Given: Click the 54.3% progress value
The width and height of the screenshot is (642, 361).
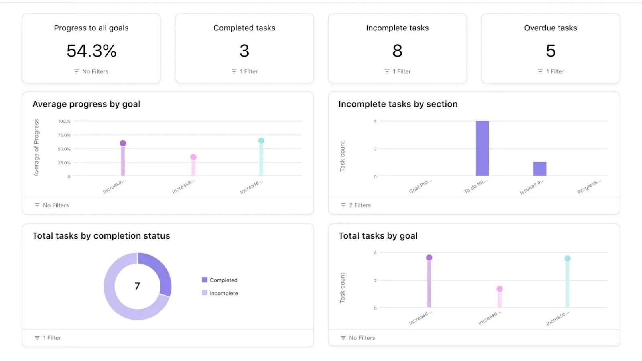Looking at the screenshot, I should pyautogui.click(x=91, y=51).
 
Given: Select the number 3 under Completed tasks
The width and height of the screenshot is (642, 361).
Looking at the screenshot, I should pyautogui.click(x=244, y=51).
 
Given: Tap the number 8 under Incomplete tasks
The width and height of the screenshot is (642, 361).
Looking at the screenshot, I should pyautogui.click(x=397, y=51).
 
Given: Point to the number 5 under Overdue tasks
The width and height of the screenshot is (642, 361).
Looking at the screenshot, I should pyautogui.click(x=551, y=51).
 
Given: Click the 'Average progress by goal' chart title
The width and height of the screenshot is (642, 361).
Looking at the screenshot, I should pyautogui.click(x=86, y=104).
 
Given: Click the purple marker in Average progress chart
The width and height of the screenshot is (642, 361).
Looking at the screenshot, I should pyautogui.click(x=123, y=143).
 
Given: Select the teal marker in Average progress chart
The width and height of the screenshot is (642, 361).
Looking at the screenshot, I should pyautogui.click(x=261, y=140).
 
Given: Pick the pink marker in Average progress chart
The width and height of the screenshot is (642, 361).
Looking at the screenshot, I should pyautogui.click(x=193, y=157).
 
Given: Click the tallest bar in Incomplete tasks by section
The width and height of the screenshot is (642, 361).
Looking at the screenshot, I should pyautogui.click(x=482, y=148).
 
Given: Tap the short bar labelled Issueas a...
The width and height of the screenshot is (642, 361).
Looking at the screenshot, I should pyautogui.click(x=540, y=168).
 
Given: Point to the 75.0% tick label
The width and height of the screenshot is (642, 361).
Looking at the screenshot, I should pyautogui.click(x=64, y=135).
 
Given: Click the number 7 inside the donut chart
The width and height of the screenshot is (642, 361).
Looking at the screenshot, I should pyautogui.click(x=137, y=286).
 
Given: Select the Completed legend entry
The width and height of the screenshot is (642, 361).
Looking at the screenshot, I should pyautogui.click(x=223, y=280).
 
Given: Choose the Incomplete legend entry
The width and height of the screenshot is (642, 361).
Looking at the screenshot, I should pyautogui.click(x=223, y=293).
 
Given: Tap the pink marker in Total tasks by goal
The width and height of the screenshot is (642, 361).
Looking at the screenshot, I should pyautogui.click(x=500, y=289).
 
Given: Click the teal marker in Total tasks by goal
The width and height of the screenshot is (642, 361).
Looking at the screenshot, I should pyautogui.click(x=567, y=258).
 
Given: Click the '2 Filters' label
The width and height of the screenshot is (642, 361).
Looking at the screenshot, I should pyautogui.click(x=360, y=205).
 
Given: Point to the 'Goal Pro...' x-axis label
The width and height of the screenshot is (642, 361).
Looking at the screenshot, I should pyautogui.click(x=420, y=187).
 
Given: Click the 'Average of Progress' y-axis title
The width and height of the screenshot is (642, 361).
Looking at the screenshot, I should pyautogui.click(x=37, y=148).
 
